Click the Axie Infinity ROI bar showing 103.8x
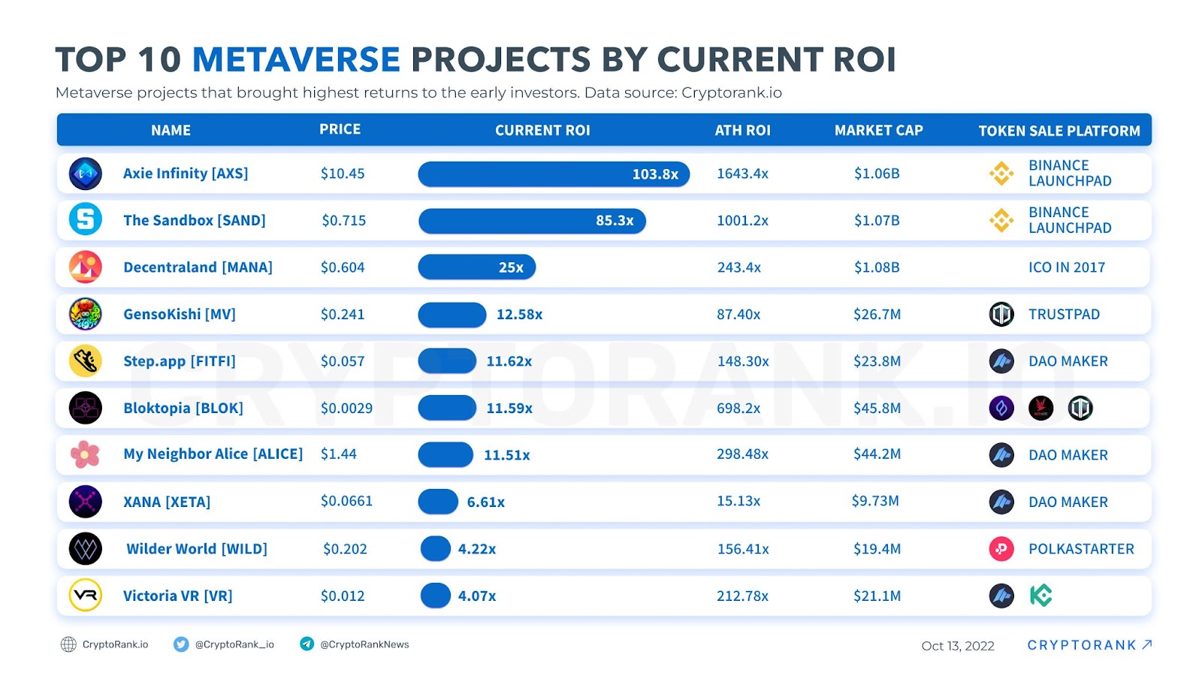(x=554, y=174)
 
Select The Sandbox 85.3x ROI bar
(x=532, y=221)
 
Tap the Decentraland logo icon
(x=86, y=267)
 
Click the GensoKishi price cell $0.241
(x=343, y=315)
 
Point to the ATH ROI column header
(x=742, y=131)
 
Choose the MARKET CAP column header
(x=878, y=131)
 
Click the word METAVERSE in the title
(x=296, y=60)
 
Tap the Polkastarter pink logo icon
(x=1001, y=549)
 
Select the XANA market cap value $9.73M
(x=875, y=501)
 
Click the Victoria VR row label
(x=178, y=596)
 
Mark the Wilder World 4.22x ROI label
(x=477, y=549)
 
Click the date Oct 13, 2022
(x=958, y=646)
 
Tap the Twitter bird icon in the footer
(x=181, y=644)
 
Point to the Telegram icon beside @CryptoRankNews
(x=307, y=644)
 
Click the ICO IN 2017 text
(x=1067, y=267)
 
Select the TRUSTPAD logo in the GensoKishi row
(x=1001, y=315)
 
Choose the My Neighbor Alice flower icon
(x=85, y=454)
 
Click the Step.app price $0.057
(x=343, y=361)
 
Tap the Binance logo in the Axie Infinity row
(x=1001, y=174)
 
